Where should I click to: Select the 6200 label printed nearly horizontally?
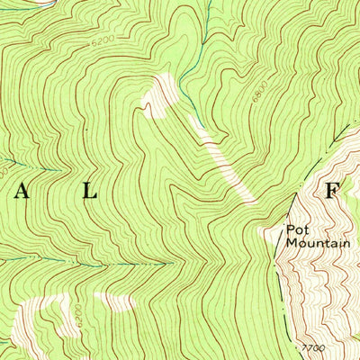tap(103, 40)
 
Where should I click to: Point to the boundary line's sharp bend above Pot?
tap(296, 193)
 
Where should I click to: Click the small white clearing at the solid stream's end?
tap(162, 90)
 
